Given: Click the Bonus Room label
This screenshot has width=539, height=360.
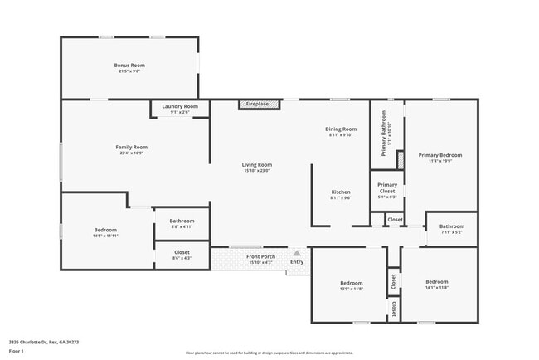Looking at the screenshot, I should click(x=129, y=66).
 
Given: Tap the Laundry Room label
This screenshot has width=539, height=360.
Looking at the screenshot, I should click(x=179, y=106).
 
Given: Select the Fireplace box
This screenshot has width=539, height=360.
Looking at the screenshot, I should click(x=257, y=104).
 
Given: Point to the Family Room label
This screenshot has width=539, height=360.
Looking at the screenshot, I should click(x=131, y=148).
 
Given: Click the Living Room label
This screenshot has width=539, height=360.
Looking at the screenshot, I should click(x=257, y=165).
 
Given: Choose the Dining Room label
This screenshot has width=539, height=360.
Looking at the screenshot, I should click(x=341, y=129).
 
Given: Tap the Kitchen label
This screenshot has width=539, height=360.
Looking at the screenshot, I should click(x=341, y=192).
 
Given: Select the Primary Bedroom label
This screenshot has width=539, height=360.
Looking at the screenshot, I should click(x=439, y=155).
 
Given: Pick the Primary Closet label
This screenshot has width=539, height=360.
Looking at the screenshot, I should click(x=387, y=187).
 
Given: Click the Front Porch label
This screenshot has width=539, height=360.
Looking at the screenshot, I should click(x=261, y=256).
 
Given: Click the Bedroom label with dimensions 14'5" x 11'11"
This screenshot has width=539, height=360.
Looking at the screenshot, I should click(x=105, y=230).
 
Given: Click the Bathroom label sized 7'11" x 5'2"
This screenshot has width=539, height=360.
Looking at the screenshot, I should click(x=452, y=226).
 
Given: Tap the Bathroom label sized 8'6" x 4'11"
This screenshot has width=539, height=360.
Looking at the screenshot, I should click(x=182, y=221).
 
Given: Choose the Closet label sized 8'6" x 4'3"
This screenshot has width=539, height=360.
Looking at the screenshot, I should click(x=182, y=252).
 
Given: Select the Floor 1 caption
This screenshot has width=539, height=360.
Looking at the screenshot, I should click(x=17, y=351).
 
